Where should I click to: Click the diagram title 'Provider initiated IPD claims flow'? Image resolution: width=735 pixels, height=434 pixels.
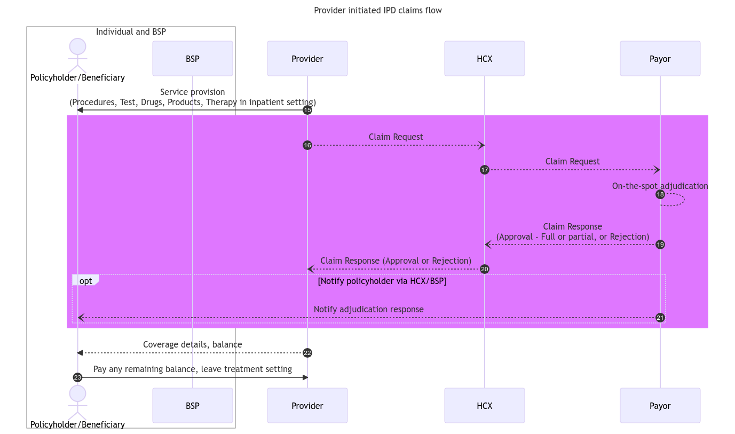(377, 10)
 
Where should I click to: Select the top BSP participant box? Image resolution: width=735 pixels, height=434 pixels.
(192, 59)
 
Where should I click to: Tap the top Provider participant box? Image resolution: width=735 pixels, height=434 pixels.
(307, 59)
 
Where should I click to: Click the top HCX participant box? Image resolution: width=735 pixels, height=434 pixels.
(484, 59)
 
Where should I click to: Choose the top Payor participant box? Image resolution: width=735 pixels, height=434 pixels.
(660, 59)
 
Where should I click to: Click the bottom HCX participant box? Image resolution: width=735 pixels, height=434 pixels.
(484, 406)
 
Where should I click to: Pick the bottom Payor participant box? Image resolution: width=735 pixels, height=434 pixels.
(660, 406)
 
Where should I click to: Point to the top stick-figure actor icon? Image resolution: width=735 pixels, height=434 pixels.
(77, 56)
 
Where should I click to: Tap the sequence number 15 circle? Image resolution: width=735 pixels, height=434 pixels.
(307, 110)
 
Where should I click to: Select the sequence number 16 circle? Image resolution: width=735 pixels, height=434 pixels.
(307, 145)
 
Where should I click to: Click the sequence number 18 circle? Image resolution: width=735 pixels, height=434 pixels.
(660, 194)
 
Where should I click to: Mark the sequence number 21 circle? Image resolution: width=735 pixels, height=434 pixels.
(660, 318)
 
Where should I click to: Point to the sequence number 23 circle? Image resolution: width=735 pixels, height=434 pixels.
(77, 377)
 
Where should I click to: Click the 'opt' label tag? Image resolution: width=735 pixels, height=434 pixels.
(85, 280)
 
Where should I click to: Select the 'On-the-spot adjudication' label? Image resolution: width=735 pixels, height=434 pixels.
(660, 186)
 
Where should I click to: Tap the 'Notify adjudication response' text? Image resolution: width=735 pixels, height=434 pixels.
(368, 309)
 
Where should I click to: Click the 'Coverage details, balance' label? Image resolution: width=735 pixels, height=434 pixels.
(192, 344)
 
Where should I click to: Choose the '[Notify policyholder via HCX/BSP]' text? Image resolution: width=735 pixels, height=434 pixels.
(382, 281)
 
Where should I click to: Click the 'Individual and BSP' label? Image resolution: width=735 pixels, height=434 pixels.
(131, 31)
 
